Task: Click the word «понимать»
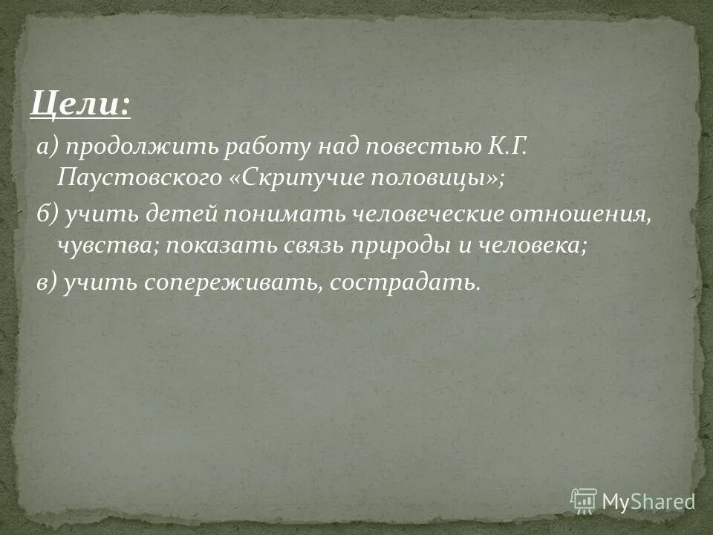coord(270,215)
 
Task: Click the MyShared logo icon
coord(585,500)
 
